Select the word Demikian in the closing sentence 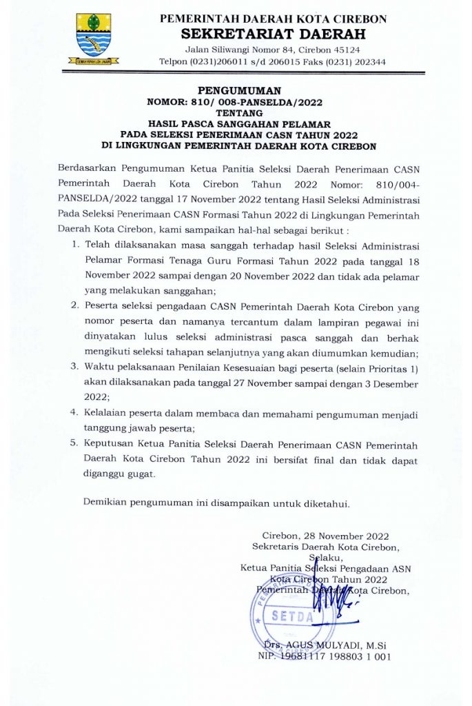click(107, 502)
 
